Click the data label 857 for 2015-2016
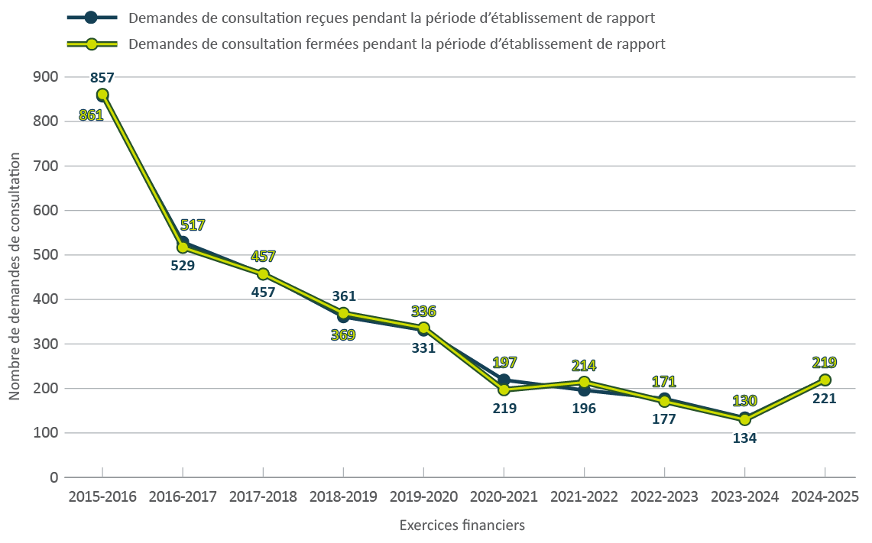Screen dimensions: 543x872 [x=102, y=77]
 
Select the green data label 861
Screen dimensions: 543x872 [x=91, y=115]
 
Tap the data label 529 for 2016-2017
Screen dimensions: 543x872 [x=183, y=266]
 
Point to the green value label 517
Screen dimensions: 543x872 [x=193, y=225]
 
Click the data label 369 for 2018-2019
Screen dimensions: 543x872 [x=343, y=334]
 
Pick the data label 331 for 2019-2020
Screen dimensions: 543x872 [x=423, y=348]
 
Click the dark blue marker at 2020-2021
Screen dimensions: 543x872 [x=504, y=380]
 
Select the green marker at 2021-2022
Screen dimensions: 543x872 [x=585, y=382]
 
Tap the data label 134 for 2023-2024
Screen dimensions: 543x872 [x=745, y=438]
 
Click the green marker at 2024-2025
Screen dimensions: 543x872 [x=825, y=380]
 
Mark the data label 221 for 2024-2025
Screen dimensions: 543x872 [x=825, y=398]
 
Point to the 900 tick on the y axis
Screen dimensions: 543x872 [x=46, y=76]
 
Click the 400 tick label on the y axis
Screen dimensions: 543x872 [x=46, y=299]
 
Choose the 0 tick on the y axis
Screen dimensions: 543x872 [x=53, y=477]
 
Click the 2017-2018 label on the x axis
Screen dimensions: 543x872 [x=263, y=496]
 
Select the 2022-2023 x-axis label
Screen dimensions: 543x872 [x=664, y=496]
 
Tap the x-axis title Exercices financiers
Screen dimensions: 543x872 [x=462, y=525]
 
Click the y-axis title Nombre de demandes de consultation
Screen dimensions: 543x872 [x=15, y=276]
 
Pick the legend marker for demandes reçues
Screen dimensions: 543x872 [x=92, y=18]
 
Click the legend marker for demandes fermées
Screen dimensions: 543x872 [x=92, y=44]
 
